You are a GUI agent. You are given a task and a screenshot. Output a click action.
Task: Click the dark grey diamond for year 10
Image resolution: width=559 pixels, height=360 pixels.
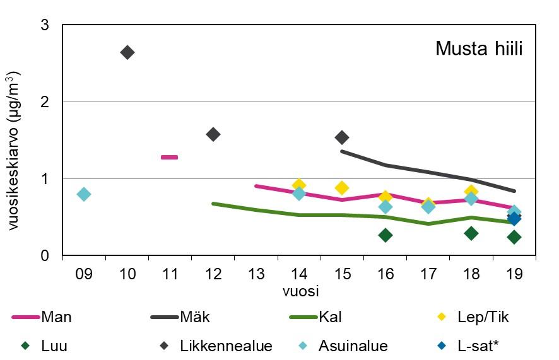tap(127, 52)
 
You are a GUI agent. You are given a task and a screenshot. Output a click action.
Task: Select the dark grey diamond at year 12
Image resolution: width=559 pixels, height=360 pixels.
tap(213, 134)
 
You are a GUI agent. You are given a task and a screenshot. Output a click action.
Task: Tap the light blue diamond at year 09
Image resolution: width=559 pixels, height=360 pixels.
tap(84, 194)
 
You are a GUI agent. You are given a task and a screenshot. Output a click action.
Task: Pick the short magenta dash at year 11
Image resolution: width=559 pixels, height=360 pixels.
tap(169, 157)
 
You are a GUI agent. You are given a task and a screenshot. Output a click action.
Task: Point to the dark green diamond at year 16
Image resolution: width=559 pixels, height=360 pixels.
tap(385, 235)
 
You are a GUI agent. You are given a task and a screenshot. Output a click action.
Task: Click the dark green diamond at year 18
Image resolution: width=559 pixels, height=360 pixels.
tap(471, 233)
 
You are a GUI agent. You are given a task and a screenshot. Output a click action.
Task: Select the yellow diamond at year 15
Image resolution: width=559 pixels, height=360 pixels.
tap(342, 188)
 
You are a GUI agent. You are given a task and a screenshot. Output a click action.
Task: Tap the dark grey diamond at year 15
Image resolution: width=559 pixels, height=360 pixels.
tap(342, 137)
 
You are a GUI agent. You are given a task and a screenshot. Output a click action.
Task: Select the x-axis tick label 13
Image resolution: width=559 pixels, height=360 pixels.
tap(256, 275)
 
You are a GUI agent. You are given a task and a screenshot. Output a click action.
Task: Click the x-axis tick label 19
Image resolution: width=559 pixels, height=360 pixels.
tap(514, 275)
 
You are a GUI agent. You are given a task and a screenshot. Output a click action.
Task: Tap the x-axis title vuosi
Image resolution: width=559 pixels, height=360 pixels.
tap(300, 292)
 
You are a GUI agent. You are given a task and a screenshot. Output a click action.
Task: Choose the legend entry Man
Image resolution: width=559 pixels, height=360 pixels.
tap(56, 317)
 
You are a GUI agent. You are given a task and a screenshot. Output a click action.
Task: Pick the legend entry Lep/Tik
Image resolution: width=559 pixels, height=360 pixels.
tap(482, 317)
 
